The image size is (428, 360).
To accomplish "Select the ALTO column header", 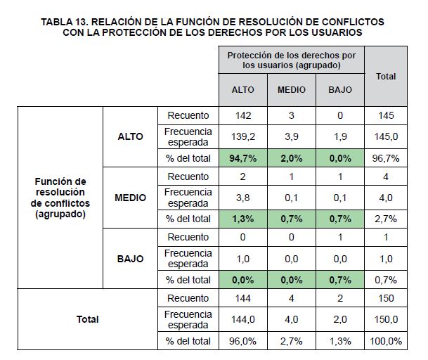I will pyautogui.click(x=242, y=90).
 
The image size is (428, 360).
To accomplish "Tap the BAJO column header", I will pyautogui.click(x=340, y=90).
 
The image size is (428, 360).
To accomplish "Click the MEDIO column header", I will pyautogui.click(x=292, y=90).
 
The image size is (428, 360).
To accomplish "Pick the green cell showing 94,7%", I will pyautogui.click(x=242, y=158).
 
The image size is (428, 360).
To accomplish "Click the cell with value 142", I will pyautogui.click(x=242, y=115).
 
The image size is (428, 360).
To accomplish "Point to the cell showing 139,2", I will pyautogui.click(x=242, y=136).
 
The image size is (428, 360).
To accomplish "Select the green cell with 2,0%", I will pyautogui.click(x=292, y=158).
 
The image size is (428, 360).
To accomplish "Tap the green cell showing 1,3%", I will pyautogui.click(x=242, y=219).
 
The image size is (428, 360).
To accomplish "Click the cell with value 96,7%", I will pyautogui.click(x=386, y=158).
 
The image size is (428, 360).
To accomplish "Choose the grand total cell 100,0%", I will pyautogui.click(x=386, y=341).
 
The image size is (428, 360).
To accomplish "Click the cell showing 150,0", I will pyautogui.click(x=386, y=319).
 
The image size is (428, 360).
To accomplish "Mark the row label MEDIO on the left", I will pyautogui.click(x=131, y=198).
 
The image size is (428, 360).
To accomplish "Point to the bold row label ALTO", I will pyautogui.click(x=131, y=136).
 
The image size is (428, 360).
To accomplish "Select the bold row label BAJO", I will pyautogui.click(x=131, y=259).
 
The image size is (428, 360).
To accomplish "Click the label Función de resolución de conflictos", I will pyautogui.click(x=60, y=198).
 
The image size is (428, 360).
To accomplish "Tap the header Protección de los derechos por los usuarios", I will pyautogui.click(x=292, y=60).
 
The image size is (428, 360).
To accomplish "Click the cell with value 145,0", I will pyautogui.click(x=386, y=136).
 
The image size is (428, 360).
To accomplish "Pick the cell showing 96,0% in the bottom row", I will pyautogui.click(x=242, y=341).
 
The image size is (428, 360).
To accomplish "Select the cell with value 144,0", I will pyautogui.click(x=242, y=319).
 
